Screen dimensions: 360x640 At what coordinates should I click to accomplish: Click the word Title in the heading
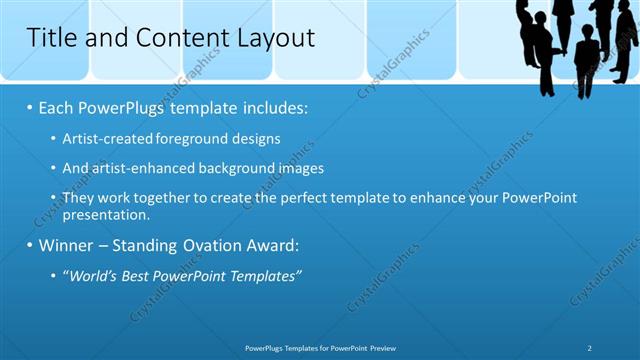[x=49, y=38]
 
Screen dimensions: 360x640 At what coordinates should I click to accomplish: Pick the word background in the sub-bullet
[x=220, y=168]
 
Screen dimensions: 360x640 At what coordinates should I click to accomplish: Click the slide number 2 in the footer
[x=591, y=348]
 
